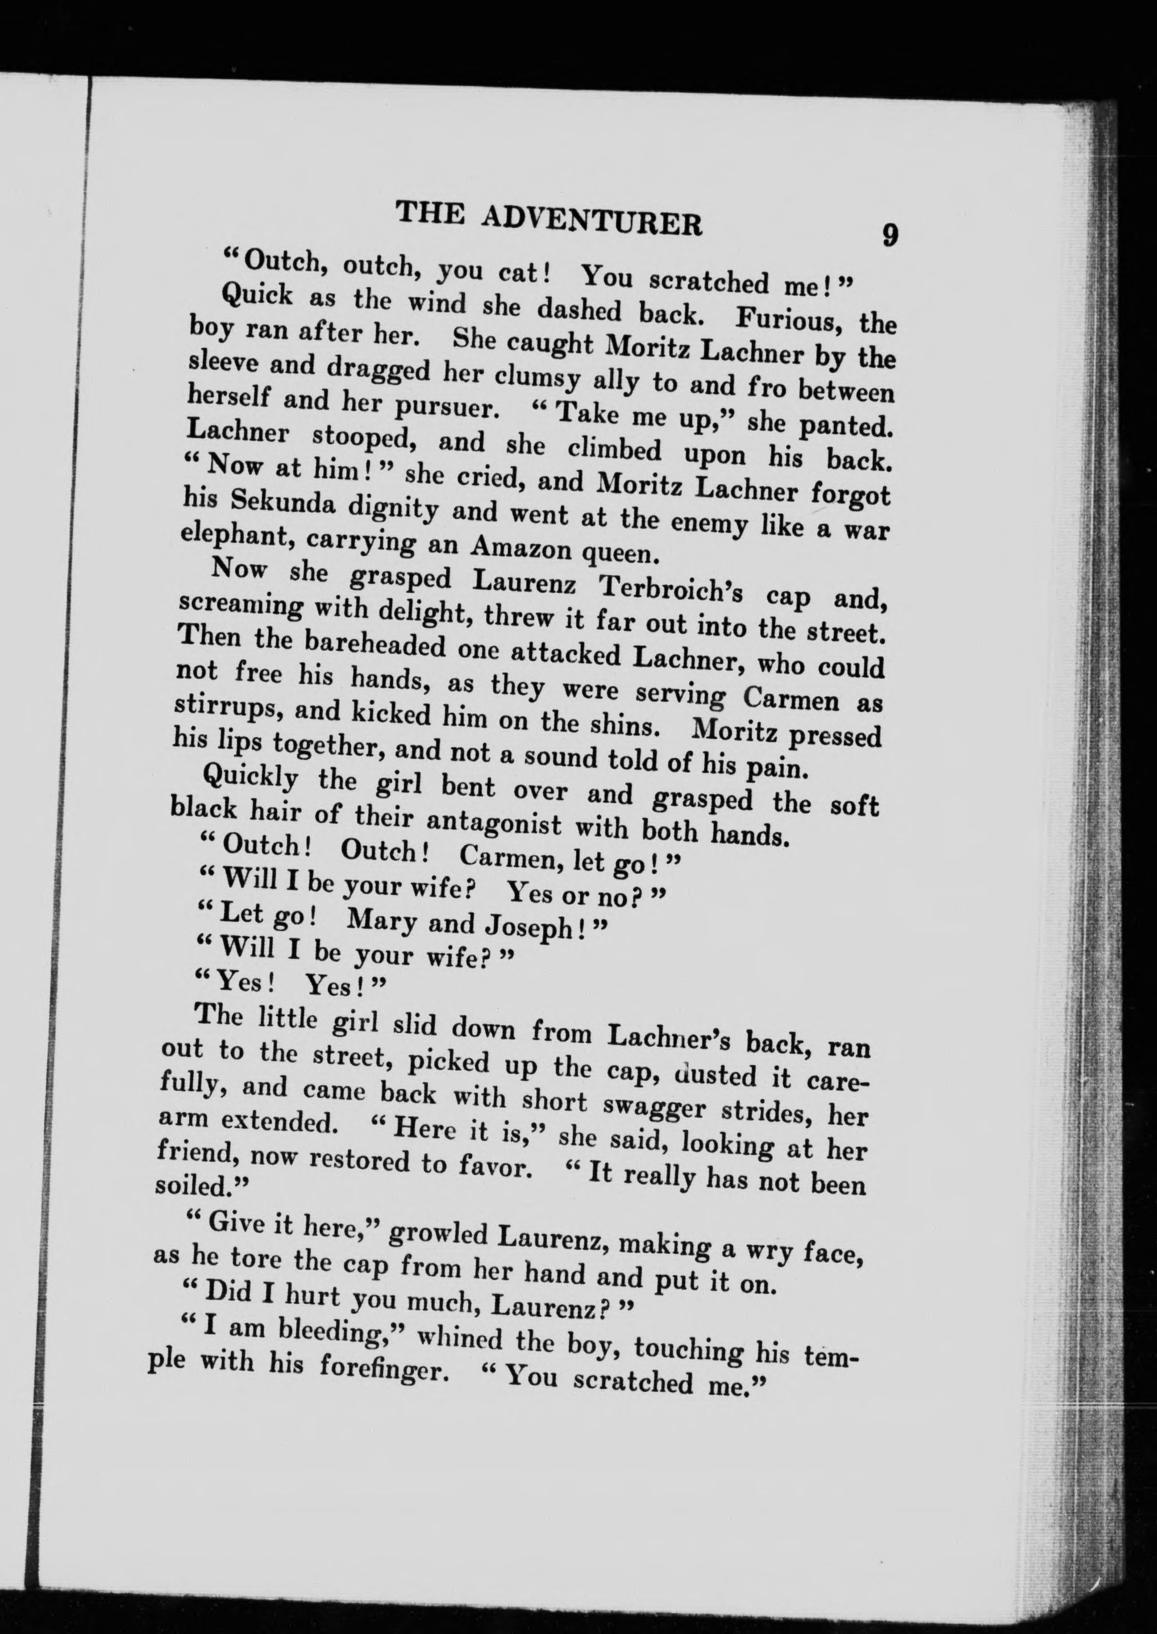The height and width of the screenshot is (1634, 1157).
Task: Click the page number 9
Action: pyautogui.click(x=890, y=235)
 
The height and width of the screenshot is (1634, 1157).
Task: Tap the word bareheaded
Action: pyautogui.click(x=376, y=645)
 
